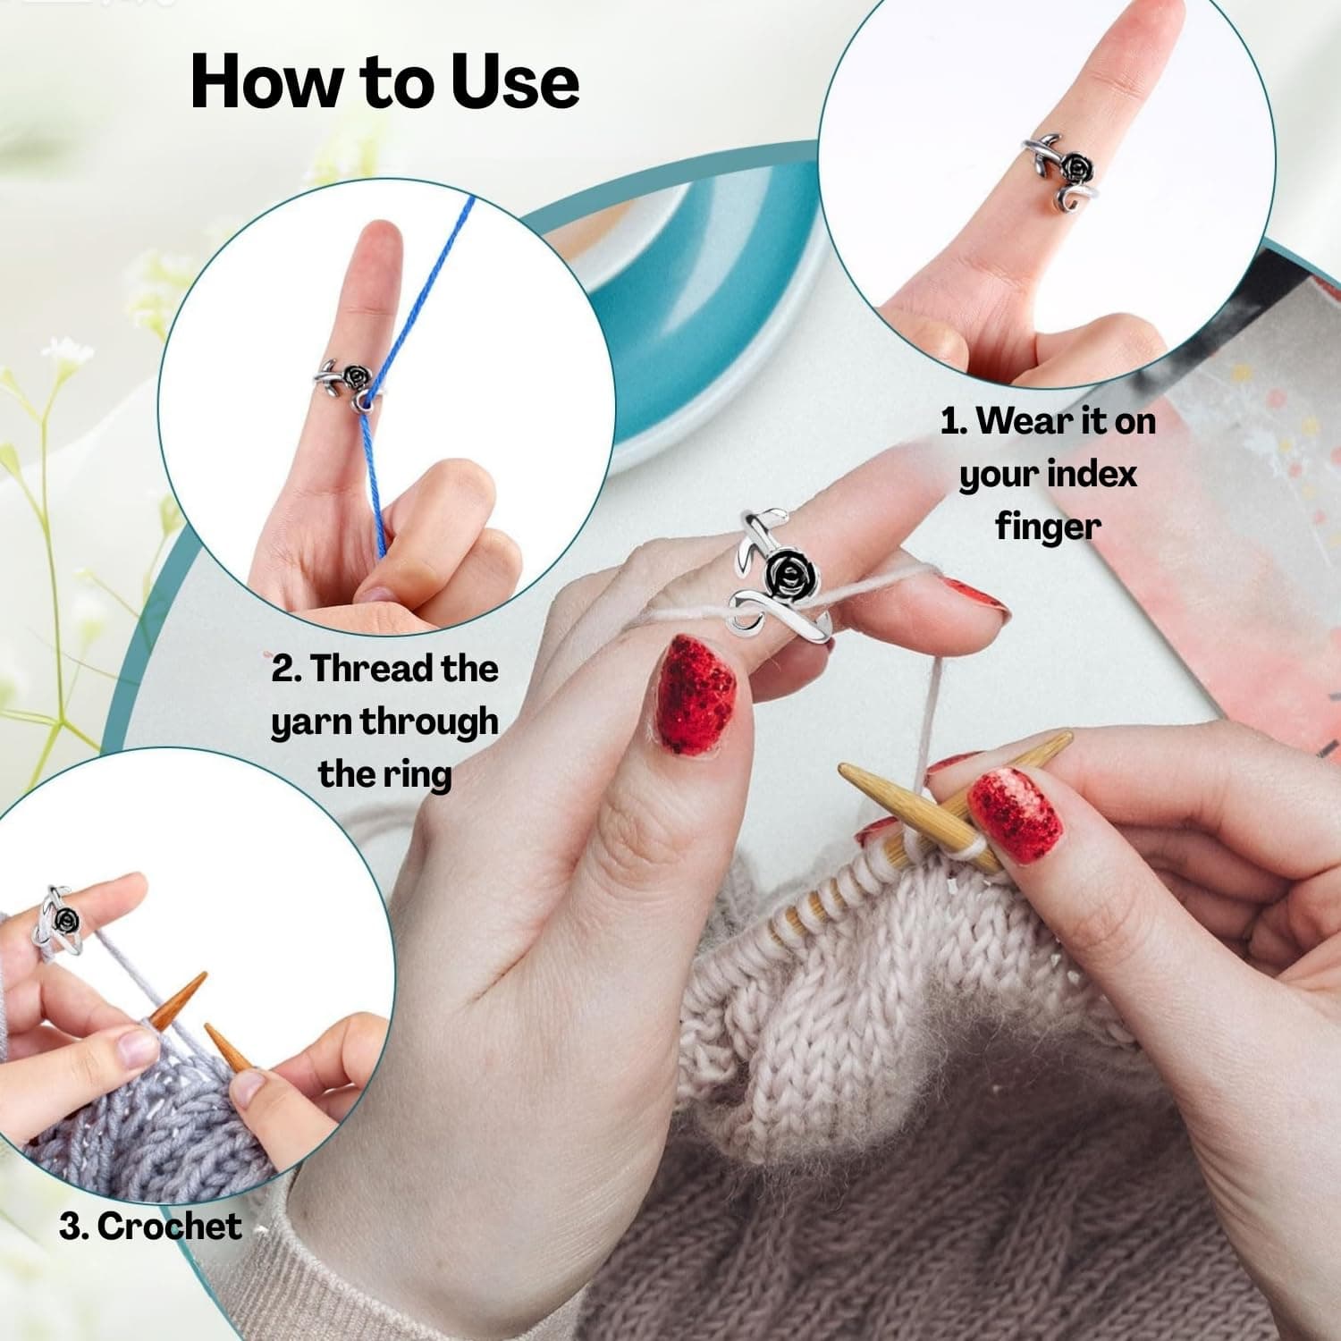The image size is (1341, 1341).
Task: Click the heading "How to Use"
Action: (385, 81)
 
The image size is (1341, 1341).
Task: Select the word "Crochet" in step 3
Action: (169, 1226)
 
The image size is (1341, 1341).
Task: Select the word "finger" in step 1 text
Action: (1048, 526)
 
